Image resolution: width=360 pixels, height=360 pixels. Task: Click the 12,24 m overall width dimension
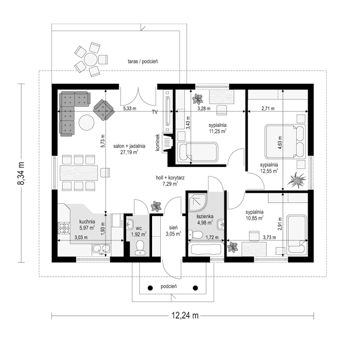pos(185,315)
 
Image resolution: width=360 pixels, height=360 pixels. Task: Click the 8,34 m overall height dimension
pos(21,173)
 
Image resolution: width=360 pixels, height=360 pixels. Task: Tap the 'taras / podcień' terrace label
pos(143,61)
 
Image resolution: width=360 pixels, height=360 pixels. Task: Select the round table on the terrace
pos(90,60)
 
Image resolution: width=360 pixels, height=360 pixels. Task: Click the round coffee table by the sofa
pos(86,122)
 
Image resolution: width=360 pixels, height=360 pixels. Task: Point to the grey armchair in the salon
pos(104,110)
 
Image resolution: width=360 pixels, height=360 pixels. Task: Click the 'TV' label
pos(155,112)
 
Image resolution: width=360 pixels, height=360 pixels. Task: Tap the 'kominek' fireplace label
pos(158,143)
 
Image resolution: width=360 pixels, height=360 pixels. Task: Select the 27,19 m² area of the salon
pos(129,152)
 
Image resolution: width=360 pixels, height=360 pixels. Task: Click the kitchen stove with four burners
pos(64,228)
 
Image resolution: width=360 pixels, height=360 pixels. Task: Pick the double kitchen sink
pos(101,248)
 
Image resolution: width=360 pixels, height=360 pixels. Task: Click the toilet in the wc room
pos(140,247)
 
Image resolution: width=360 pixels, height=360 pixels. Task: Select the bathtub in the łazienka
pos(206,249)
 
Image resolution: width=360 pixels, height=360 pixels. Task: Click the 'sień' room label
pos(173,228)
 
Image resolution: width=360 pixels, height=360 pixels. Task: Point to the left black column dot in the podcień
pos(150,288)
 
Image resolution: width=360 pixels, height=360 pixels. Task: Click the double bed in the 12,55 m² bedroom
pos(286,141)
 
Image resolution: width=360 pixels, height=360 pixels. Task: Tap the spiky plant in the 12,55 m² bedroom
pos(297,180)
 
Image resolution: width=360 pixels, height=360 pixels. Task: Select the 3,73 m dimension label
pos(269,237)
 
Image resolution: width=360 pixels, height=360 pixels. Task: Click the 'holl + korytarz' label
pos(170,178)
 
